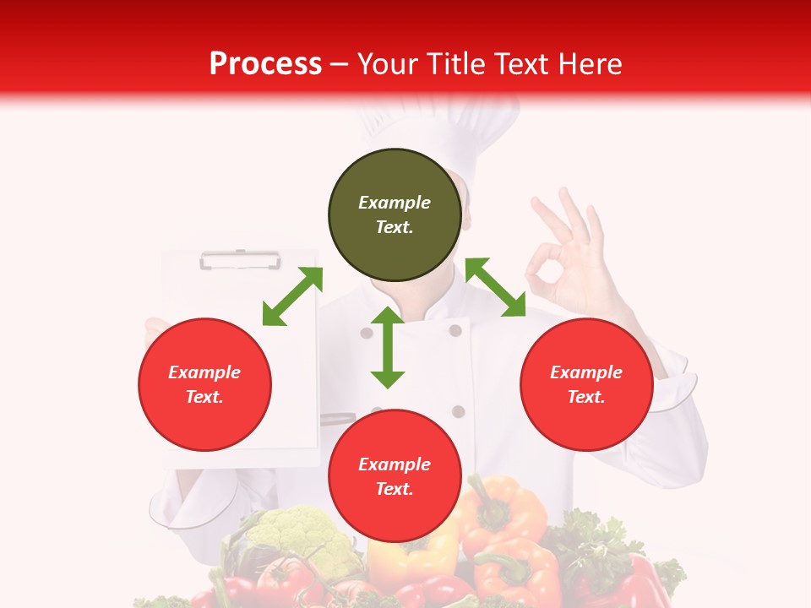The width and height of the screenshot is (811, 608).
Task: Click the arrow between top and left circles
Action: pos(292,296)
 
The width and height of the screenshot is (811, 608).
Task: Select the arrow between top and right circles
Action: pos(496,287)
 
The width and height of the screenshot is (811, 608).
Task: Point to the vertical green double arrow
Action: pos(388,347)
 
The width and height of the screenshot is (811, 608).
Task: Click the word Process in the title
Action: pos(265,63)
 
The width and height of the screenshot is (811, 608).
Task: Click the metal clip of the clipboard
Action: pos(240,259)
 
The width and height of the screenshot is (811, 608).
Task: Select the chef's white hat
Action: pos(439,127)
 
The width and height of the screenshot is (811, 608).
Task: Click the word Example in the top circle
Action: pos(395,203)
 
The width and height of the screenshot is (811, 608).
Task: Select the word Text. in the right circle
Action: pos(586,397)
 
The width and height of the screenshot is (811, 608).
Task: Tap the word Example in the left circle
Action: pos(204,372)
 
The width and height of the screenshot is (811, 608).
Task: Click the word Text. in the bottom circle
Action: pos(395,489)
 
